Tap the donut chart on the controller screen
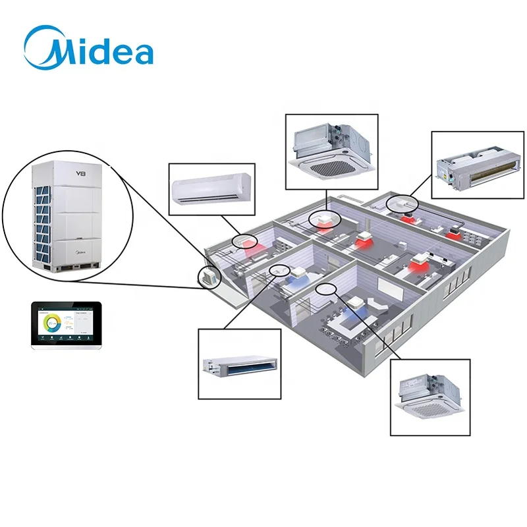pos(50,323)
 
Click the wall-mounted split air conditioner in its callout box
pos(211,190)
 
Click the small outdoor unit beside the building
pos(209,277)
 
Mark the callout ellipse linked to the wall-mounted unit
pos(244,242)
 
